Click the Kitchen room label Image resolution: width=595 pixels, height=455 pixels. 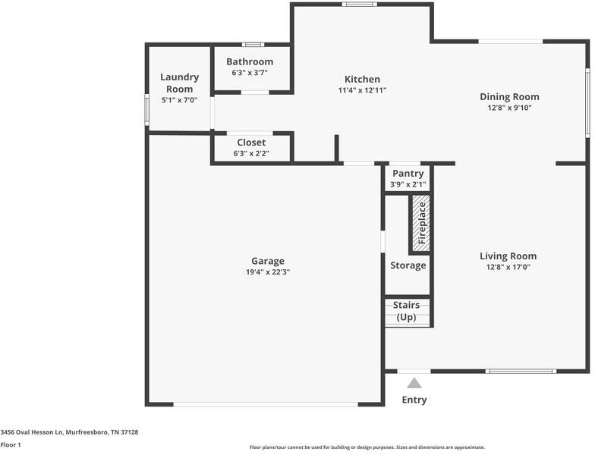coord(362,79)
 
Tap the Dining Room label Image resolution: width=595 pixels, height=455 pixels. coord(509,96)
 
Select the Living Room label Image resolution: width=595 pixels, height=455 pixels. coord(508,256)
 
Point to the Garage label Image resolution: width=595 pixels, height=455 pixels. coord(268,261)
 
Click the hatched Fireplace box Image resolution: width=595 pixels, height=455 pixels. coord(421,224)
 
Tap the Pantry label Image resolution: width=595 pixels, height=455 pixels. coord(408,174)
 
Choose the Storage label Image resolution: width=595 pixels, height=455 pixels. coord(408,265)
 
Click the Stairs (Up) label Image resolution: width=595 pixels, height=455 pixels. coord(407,311)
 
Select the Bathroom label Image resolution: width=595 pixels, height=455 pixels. coord(250,61)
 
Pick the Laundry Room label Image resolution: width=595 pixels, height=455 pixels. coord(180,83)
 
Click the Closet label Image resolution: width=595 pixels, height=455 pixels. coord(251,142)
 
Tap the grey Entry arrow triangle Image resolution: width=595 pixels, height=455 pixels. coord(414,383)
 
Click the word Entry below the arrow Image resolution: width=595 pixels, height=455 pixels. coord(414,400)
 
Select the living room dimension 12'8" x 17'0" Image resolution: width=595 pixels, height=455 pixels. coord(508,267)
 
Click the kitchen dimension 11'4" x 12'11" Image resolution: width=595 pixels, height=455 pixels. coord(362,90)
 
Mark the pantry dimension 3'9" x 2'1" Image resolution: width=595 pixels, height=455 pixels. coord(408,184)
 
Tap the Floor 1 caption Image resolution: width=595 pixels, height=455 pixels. coord(11,444)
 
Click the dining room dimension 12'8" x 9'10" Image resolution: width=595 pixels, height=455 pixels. coord(508,108)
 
